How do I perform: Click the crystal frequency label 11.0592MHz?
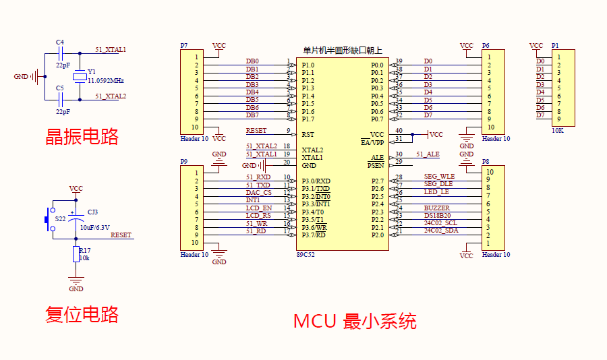pos(105,80)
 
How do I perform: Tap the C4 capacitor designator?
pos(60,42)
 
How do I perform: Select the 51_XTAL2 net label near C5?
pos(111,96)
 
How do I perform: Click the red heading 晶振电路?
pos(82,137)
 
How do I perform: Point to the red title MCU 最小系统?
pos(355,320)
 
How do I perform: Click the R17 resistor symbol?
pos(76,254)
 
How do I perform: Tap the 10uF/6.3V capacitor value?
pos(95,227)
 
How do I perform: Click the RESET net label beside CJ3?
pos(121,235)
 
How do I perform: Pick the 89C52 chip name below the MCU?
pos(306,255)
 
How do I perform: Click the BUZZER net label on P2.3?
pos(436,208)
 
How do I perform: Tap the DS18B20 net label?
pos(438,216)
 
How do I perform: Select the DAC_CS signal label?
pos(259,192)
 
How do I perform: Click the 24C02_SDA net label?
pos(441,231)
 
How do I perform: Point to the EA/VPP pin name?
pos(372,143)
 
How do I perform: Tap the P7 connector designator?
pos(184,46)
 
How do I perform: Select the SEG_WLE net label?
pos(439,177)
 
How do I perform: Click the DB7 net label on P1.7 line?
pos(252,115)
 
